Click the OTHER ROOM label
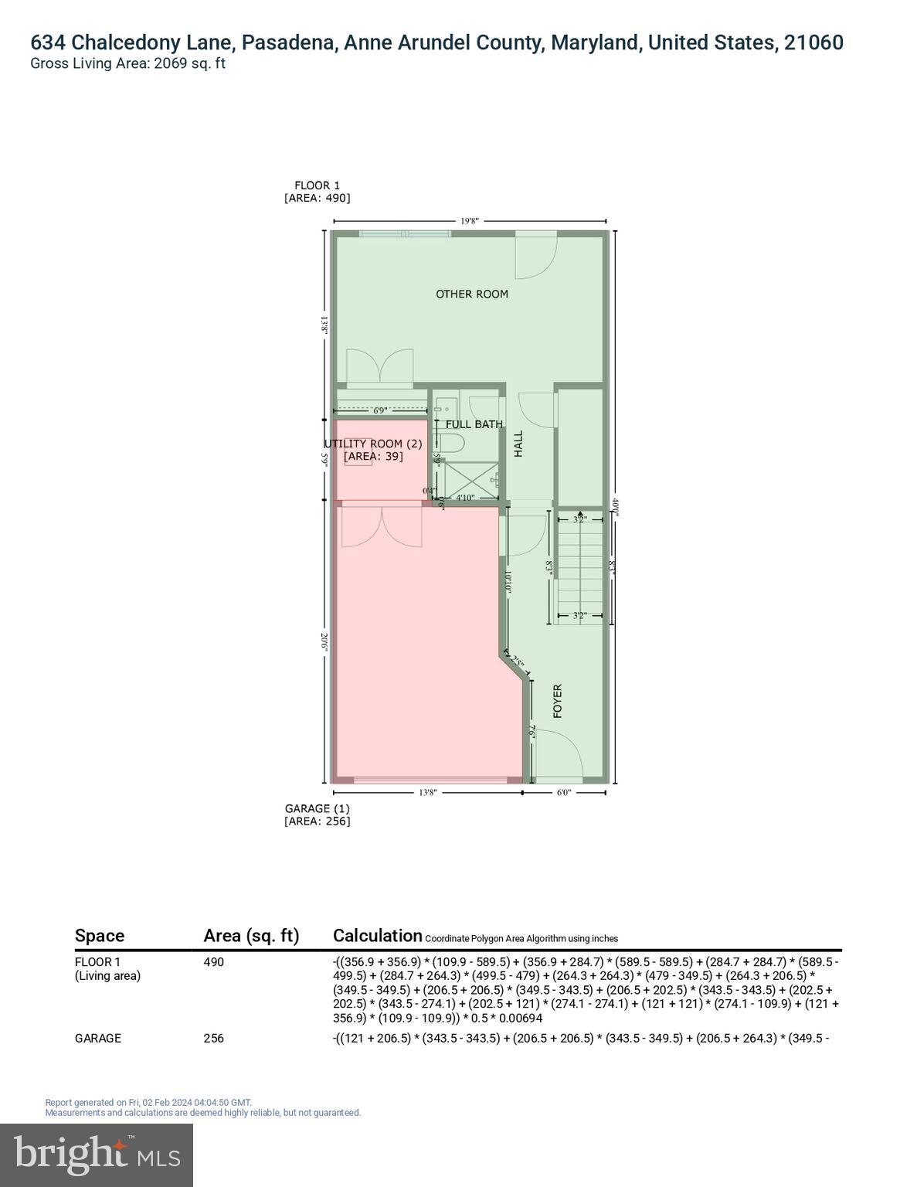tap(471, 294)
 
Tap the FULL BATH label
tap(474, 424)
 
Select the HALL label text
tap(518, 444)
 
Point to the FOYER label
tap(557, 701)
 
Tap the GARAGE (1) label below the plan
tap(317, 808)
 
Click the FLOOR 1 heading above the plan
tap(317, 185)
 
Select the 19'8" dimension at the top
tap(470, 221)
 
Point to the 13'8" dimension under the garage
tap(427, 792)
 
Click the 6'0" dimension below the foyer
tap(563, 792)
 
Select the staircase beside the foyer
tap(579, 568)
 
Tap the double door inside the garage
tap(382, 525)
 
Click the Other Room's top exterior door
tap(536, 255)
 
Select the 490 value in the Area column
tap(213, 962)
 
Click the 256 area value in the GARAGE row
tap(213, 1038)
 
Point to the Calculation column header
tap(377, 936)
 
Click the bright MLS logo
tap(97, 1155)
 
